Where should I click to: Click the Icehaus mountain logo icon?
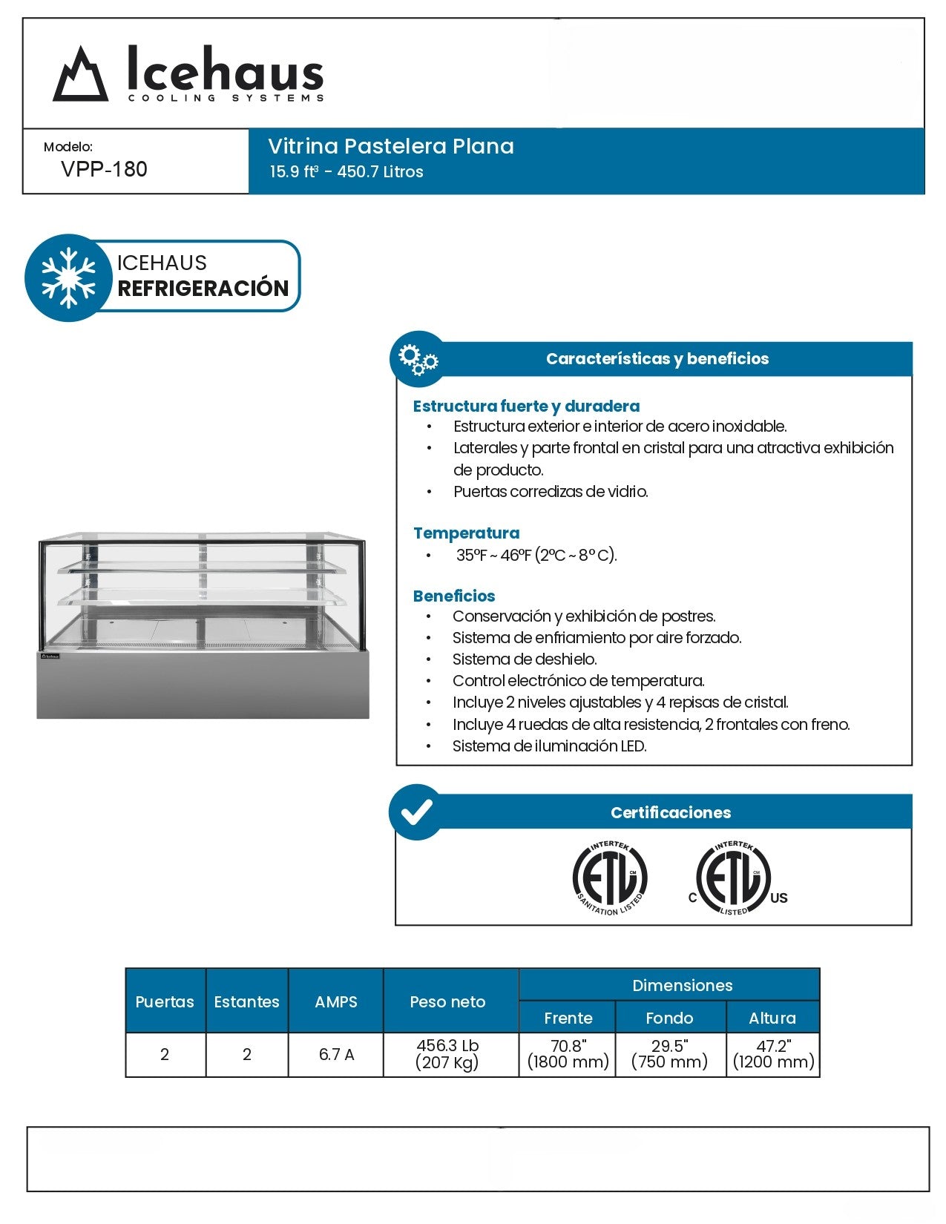[x=80, y=74]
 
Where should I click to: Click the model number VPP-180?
[x=104, y=169]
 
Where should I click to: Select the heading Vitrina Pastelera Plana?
[x=390, y=146]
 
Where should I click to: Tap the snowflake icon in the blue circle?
[x=68, y=277]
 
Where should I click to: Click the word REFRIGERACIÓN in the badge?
[x=203, y=288]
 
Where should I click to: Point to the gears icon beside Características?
[x=418, y=358]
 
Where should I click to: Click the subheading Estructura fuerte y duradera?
[x=526, y=406]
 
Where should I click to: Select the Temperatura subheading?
[x=466, y=533]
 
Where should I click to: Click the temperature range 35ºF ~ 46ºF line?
[x=536, y=555]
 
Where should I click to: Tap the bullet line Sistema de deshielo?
[x=524, y=659]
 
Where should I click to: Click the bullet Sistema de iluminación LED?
[x=549, y=746]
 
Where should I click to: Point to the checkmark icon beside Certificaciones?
[x=416, y=812]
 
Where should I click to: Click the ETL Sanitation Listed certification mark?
[x=610, y=878]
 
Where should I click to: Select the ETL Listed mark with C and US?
[x=735, y=878]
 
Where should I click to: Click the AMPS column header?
[x=335, y=1001]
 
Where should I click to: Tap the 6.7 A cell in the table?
[x=335, y=1054]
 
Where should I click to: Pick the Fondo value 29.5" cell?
[x=669, y=1053]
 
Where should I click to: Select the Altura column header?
[x=772, y=1018]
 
